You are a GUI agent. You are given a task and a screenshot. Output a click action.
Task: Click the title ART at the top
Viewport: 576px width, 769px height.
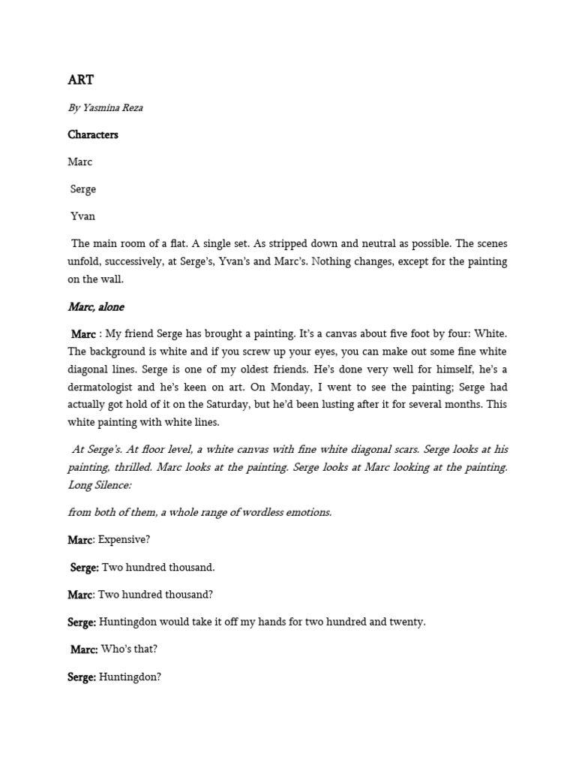[80, 80]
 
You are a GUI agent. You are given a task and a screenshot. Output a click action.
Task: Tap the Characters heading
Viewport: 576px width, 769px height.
[93, 134]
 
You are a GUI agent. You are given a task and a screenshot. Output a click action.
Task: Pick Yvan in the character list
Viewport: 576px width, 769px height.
[82, 216]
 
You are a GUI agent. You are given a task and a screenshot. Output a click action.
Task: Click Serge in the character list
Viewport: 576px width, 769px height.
[83, 189]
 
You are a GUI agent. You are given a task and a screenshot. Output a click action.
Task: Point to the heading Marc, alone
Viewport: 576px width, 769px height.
[96, 306]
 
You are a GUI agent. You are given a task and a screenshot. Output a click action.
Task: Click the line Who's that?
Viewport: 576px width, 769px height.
[130, 649]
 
